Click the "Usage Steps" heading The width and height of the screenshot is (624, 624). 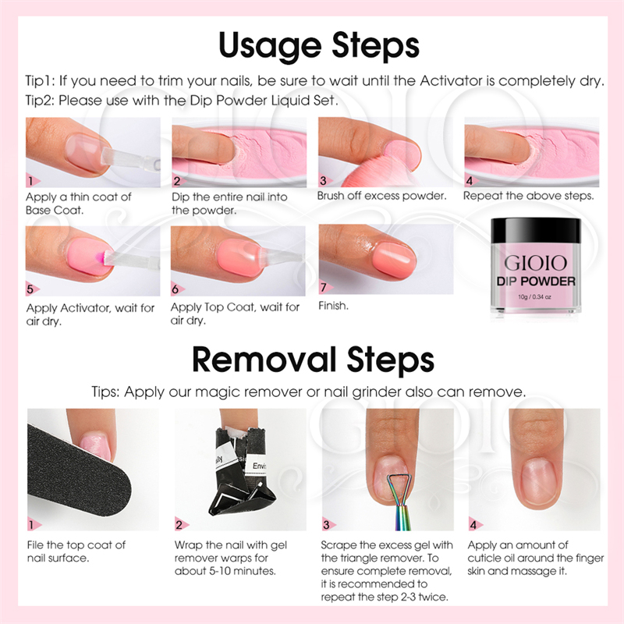(319, 46)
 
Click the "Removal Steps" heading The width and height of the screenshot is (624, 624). (313, 360)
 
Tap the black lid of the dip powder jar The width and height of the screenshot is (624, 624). (536, 231)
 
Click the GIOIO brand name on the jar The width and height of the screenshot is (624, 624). (535, 263)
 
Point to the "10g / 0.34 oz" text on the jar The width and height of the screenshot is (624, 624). (534, 297)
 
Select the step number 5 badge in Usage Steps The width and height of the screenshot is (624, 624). (31, 289)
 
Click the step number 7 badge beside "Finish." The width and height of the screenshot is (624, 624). (324, 287)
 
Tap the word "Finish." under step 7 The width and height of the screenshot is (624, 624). (334, 306)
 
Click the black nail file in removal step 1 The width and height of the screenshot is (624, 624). (76, 473)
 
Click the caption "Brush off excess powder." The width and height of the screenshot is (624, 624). (381, 196)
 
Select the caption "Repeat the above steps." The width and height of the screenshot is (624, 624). (529, 196)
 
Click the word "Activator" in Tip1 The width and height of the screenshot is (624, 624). (452, 81)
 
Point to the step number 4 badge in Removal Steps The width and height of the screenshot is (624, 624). (475, 524)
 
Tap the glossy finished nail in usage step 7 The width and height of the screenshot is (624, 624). (395, 261)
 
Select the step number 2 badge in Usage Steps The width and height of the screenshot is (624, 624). (178, 181)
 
